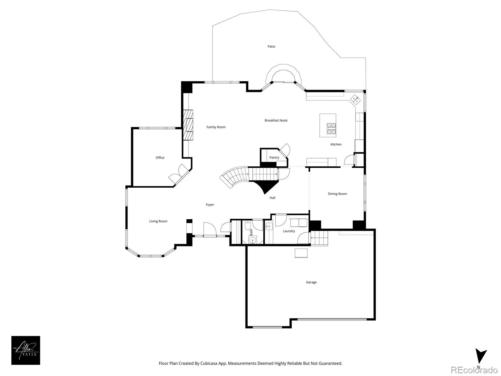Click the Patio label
[271, 46]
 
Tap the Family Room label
[216, 127]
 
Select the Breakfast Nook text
[276, 120]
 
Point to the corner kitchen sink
[355, 99]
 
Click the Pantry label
[274, 158]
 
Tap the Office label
[160, 158]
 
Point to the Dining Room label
[337, 194]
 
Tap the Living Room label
[158, 221]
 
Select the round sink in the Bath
[252, 240]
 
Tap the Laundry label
[288, 231]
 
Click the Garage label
[311, 282]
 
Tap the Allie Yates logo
[26, 350]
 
